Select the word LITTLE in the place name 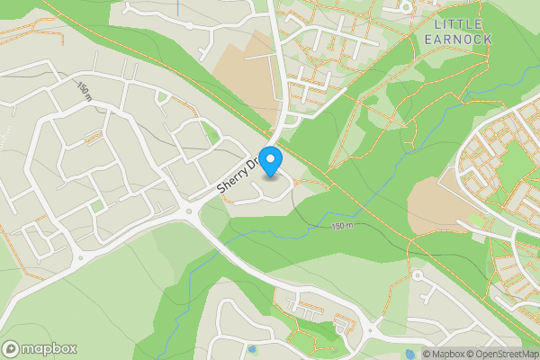[457, 23]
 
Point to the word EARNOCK [457, 40]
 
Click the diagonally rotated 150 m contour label [85, 90]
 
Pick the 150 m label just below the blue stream [343, 225]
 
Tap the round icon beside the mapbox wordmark [11, 348]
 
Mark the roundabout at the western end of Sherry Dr [189, 212]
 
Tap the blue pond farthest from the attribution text [251, 348]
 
